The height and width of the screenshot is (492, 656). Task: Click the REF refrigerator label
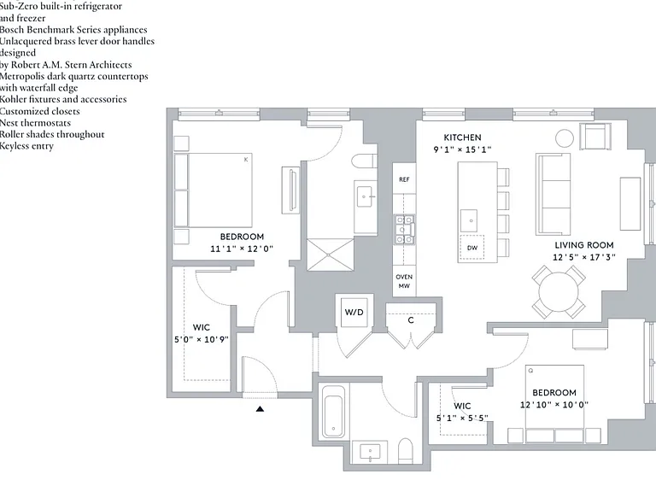404,179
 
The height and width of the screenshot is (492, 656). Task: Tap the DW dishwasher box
471,248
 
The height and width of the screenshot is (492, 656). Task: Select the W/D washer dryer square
354,312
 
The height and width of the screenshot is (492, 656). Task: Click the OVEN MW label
404,281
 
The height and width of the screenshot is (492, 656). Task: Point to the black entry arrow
260,409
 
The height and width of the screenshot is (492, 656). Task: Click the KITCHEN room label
462,138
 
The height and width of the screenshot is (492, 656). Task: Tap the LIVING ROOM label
584,245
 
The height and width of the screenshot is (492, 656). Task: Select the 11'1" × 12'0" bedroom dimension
242,249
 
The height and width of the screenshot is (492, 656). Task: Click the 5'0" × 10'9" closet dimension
202,339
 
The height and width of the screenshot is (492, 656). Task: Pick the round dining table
559,291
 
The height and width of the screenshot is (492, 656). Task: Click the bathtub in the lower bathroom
333,412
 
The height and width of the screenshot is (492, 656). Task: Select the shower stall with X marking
331,255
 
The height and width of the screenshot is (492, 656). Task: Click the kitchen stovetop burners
404,229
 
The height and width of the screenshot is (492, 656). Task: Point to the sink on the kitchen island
469,220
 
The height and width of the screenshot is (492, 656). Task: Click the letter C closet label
411,320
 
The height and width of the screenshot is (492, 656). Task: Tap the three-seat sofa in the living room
553,195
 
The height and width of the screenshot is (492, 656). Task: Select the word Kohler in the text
14,100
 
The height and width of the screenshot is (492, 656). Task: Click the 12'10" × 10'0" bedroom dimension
553,405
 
